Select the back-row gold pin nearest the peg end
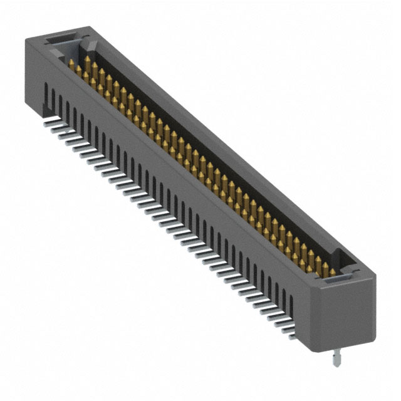325,266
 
